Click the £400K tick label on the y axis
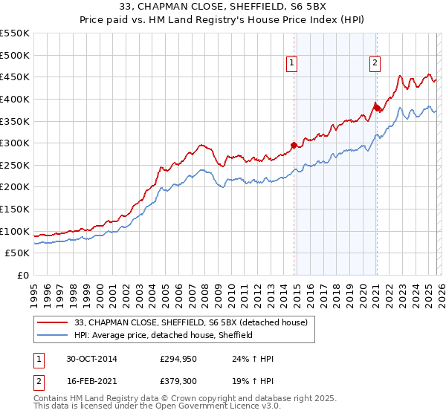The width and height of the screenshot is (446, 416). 15,99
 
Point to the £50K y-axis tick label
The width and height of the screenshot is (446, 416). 18,253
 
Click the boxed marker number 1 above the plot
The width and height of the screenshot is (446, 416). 293,64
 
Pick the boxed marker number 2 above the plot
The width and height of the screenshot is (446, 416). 375,64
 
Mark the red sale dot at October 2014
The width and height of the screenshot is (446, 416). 294,145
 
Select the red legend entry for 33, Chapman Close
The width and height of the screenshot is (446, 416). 195,322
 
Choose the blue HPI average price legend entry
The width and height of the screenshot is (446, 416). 164,335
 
